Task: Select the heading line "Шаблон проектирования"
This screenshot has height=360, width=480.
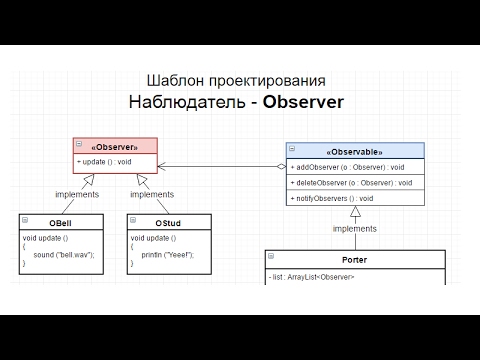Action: click(x=235, y=80)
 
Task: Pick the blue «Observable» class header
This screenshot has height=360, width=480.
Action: click(x=355, y=149)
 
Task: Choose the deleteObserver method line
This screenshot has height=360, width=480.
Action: click(x=351, y=183)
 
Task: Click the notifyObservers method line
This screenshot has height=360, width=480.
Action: click(x=339, y=200)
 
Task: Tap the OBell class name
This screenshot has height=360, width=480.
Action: click(x=58, y=222)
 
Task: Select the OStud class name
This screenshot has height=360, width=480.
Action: click(x=166, y=222)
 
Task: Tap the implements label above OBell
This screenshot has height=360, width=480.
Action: click(x=77, y=196)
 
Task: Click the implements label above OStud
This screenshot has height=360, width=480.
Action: click(x=153, y=196)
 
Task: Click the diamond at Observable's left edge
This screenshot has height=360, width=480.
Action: click(x=281, y=166)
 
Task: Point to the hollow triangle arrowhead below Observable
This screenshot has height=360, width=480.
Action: click(x=355, y=213)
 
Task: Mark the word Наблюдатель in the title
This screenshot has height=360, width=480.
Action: click(x=185, y=102)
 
